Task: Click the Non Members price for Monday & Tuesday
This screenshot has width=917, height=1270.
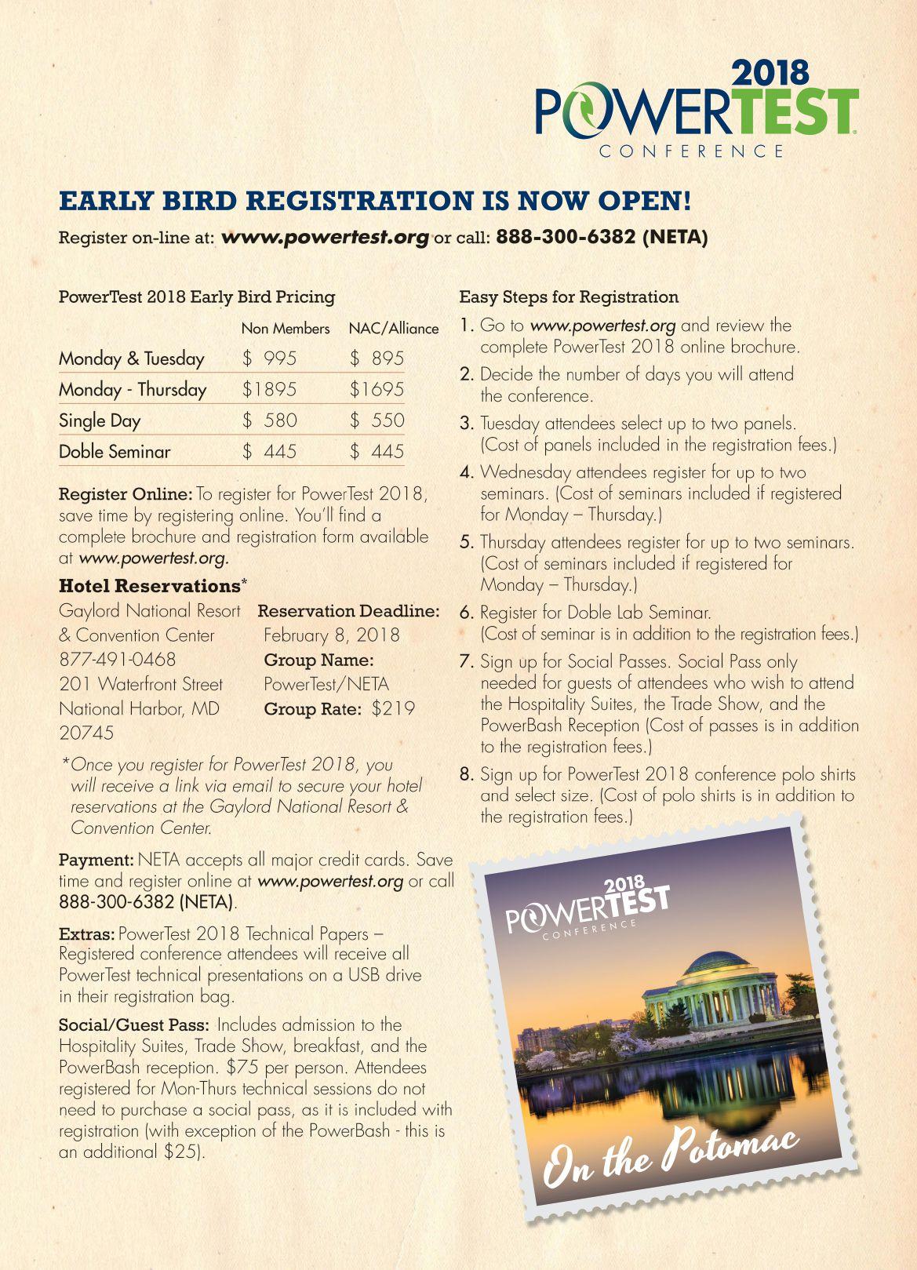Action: click(270, 358)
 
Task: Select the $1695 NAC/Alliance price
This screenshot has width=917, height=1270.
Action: click(377, 389)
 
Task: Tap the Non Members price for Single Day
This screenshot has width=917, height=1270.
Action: click(270, 420)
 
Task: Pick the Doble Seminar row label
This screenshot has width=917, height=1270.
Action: click(115, 452)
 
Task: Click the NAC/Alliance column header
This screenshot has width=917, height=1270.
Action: click(393, 329)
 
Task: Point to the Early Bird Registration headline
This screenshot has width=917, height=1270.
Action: click(375, 201)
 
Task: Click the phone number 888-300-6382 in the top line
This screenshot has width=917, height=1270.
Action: click(566, 237)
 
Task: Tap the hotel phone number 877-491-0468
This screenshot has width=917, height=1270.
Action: click(117, 660)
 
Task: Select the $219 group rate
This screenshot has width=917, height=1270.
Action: click(393, 709)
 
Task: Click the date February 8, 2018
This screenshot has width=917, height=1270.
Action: click(331, 635)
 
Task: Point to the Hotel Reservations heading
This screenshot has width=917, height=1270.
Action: click(149, 586)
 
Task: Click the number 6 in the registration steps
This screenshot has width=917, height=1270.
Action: click(467, 613)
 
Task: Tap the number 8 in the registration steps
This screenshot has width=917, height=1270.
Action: click(467, 775)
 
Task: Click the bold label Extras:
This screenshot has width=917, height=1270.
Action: click(87, 934)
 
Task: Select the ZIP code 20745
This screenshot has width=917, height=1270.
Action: click(86, 733)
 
